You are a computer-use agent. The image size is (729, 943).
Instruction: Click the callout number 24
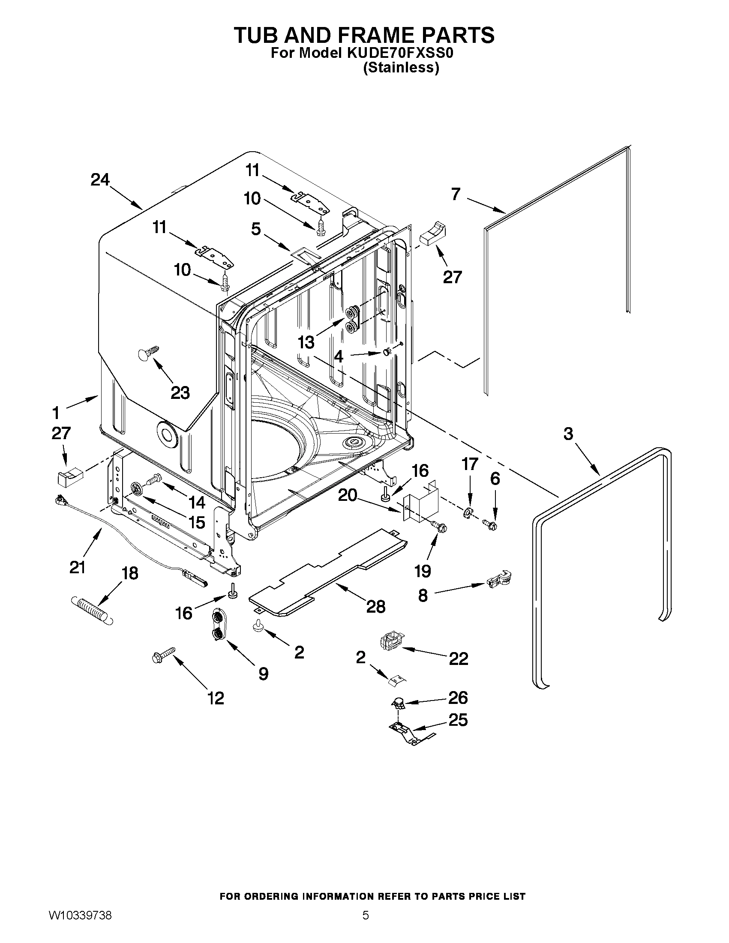pyautogui.click(x=100, y=180)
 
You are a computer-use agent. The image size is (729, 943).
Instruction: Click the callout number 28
pyautogui.click(x=375, y=607)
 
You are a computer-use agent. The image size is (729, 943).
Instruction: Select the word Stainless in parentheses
pyautogui.click(x=401, y=68)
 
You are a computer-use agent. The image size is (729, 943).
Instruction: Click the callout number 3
pyautogui.click(x=568, y=434)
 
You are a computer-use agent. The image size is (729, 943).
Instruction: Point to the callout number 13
pyautogui.click(x=306, y=342)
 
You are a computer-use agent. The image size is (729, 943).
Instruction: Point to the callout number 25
pyautogui.click(x=458, y=720)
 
